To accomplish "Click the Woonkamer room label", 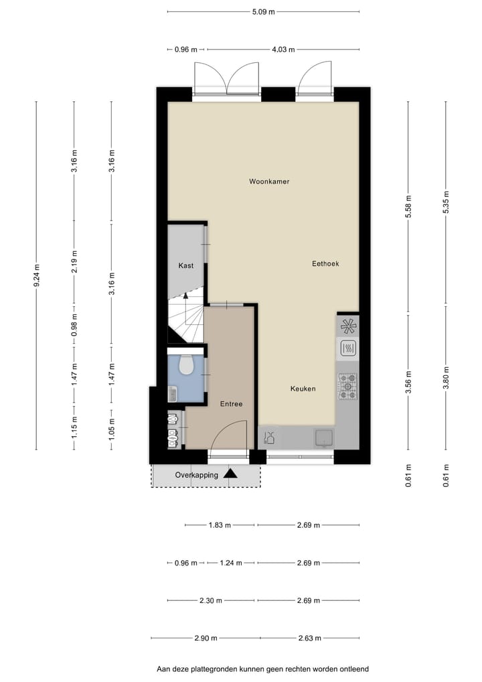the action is pos(269,182).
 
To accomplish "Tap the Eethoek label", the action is pos(325,263).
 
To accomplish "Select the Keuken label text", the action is pos(303,389).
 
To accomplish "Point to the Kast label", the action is pos(186,265).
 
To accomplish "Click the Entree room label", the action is pos(231,404).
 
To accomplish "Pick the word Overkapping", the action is pos(196,475).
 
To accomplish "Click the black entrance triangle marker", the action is pos(230,474).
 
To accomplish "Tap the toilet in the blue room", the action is pos(187,365).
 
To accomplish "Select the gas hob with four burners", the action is pos(347,387).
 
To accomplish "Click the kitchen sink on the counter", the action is pos(324,438).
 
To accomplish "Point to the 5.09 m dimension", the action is pos(263,12).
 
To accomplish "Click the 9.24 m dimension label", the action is pos(37,275).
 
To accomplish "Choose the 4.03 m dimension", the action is pos(283,50).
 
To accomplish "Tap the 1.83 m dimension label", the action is pos(220,525).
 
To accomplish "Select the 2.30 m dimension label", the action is pos(211,601).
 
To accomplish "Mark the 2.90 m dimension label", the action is pos(206,638).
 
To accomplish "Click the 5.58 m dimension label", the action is pos(408,206).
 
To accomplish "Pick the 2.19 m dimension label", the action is pos(75,261).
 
